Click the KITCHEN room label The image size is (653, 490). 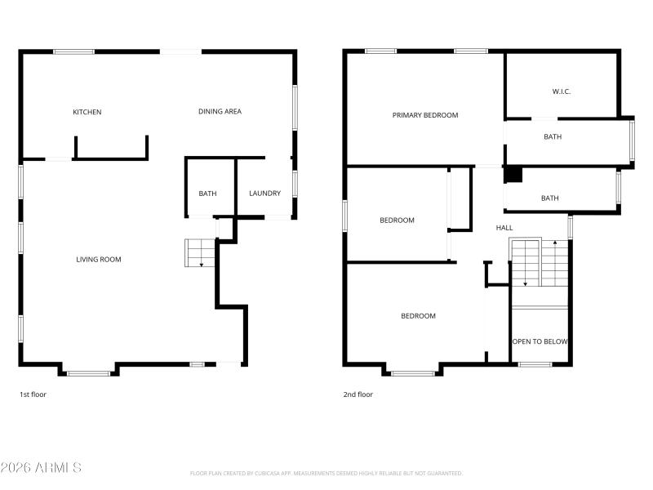pos(87,112)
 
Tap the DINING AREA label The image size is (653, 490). pos(220,111)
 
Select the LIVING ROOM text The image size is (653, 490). pos(99,260)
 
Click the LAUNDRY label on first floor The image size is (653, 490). pos(265,194)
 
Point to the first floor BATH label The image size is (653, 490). pos(207,194)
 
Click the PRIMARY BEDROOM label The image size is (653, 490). pos(425,115)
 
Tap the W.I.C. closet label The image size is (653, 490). pos(562,91)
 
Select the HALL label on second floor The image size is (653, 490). pos(504,228)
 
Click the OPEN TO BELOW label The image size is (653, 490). pos(540,341)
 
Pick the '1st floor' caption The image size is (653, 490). pos(34,394)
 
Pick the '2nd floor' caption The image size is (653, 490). pos(358,394)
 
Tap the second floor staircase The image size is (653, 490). pos(540,263)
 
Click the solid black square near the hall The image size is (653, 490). pos(513,175)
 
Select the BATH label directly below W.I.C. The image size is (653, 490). pos(553,137)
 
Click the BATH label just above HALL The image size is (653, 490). pos(550,198)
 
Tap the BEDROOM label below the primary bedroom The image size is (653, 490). pos(397,220)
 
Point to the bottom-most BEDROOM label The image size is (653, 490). pos(418,316)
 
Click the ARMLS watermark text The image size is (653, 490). pos(41,468)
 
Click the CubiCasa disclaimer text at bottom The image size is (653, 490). pos(326,473)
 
